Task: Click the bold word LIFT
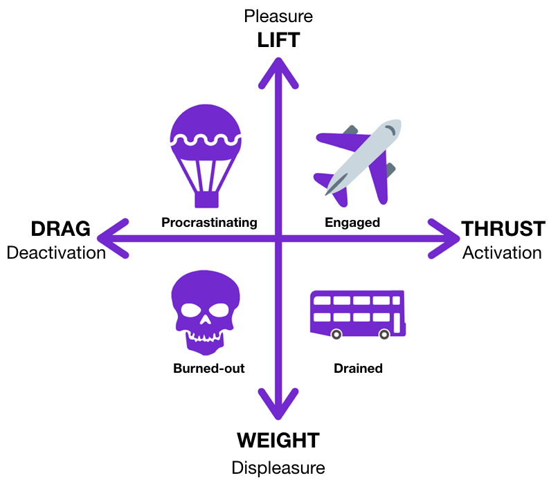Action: pyautogui.click(x=278, y=40)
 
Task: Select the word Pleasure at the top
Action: pyautogui.click(x=278, y=16)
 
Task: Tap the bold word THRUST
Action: pyautogui.click(x=503, y=229)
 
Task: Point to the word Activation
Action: pyautogui.click(x=502, y=252)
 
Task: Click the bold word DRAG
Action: pyautogui.click(x=60, y=229)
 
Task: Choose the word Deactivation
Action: pyautogui.click(x=56, y=252)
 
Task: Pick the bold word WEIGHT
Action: pyautogui.click(x=278, y=441)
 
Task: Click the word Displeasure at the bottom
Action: pyautogui.click(x=278, y=468)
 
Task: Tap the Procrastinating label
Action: pyautogui.click(x=209, y=223)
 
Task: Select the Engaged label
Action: pyautogui.click(x=352, y=223)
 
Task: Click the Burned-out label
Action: pyautogui.click(x=209, y=369)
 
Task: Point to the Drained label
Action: pyautogui.click(x=358, y=369)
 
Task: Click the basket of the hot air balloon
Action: pyautogui.click(x=206, y=199)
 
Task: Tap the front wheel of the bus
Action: pyautogui.click(x=336, y=335)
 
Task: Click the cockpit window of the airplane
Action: pyautogui.click(x=391, y=129)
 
